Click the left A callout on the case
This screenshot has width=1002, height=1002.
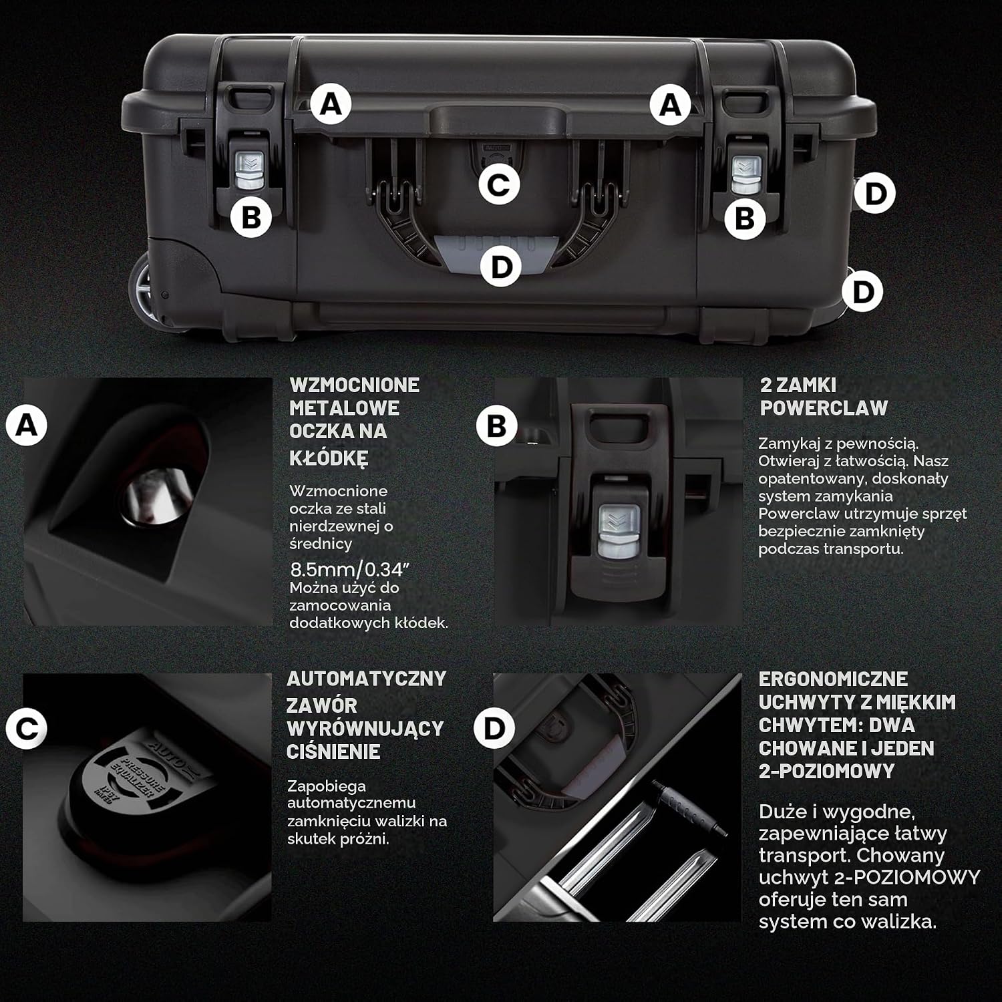pyautogui.click(x=331, y=104)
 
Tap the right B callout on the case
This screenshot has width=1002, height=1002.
pyautogui.click(x=744, y=218)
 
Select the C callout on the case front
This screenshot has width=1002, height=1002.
pyautogui.click(x=499, y=184)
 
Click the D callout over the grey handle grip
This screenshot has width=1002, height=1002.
pyautogui.click(x=500, y=267)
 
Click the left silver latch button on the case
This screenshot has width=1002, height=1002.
pyautogui.click(x=249, y=172)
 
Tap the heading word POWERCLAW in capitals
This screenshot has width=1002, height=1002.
pyautogui.click(x=824, y=407)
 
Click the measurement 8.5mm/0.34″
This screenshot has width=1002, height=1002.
pyautogui.click(x=349, y=570)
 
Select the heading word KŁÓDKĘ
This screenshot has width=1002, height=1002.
pyautogui.click(x=329, y=458)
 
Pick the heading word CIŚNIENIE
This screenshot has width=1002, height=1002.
pyautogui.click(x=333, y=751)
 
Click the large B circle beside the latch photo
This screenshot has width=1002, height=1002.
pyautogui.click(x=497, y=426)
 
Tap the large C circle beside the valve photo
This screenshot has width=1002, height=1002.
pyautogui.click(x=27, y=728)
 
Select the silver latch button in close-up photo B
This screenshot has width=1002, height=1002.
pyautogui.click(x=618, y=531)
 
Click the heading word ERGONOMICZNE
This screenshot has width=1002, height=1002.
pyautogui.click(x=833, y=679)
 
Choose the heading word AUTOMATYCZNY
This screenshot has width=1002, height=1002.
pyautogui.click(x=366, y=678)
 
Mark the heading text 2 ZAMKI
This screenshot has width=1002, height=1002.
pyautogui.click(x=798, y=385)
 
